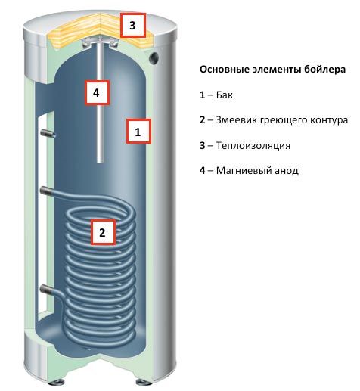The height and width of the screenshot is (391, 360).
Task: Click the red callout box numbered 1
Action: point(138,132)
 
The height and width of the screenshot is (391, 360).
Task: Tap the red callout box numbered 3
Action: point(132,26)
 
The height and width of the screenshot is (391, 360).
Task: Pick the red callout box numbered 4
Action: point(96,93)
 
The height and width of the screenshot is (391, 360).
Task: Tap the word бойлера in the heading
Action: point(326,69)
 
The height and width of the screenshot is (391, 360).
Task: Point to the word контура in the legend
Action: point(327,121)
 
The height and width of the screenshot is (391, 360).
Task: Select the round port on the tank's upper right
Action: point(154,57)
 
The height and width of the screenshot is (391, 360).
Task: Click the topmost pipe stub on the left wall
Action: point(48,133)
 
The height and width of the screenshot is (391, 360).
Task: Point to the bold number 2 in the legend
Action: point(203,121)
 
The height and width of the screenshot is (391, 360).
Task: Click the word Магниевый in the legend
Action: point(242,170)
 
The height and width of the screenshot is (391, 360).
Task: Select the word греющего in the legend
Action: point(284,121)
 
